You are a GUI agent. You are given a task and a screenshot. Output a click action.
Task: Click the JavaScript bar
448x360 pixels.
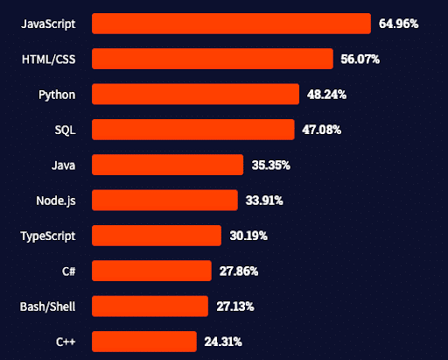pos(231,24)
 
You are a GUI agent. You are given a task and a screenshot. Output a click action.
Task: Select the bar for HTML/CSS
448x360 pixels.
pos(213,59)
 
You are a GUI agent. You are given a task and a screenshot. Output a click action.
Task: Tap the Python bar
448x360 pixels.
pos(196,94)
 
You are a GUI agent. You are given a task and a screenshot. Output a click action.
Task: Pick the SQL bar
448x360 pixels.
pos(193,130)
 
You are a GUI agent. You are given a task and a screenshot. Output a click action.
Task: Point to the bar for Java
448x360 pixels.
pos(167,165)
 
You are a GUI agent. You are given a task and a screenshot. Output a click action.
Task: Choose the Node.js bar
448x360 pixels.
pos(164,201)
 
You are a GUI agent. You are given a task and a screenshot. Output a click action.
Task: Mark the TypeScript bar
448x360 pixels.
pos(157,236)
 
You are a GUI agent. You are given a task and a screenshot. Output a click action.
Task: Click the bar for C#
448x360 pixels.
pos(151,271)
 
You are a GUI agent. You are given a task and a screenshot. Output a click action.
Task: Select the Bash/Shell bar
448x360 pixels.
pos(150,306)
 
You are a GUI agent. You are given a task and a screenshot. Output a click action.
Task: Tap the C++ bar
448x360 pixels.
pos(143,341)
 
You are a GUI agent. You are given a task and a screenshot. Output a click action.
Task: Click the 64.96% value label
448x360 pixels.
pos(398,24)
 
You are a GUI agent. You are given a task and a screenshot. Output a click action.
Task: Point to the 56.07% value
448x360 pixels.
pos(360,60)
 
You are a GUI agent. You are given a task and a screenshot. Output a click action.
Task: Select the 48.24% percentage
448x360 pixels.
pos(326,95)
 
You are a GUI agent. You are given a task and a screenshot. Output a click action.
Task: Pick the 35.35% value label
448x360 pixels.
pos(270,165)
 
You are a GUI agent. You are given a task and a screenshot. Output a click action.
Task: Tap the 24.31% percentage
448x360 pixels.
pos(222,341)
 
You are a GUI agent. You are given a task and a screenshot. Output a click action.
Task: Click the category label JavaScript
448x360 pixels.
pos(48,24)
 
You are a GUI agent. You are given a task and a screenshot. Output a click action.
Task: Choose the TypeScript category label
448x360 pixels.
pos(48,236)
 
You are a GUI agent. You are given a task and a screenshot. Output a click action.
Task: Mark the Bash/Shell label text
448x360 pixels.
pos(48,306)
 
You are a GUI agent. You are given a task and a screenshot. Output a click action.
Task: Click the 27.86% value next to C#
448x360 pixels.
pos(238,271)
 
